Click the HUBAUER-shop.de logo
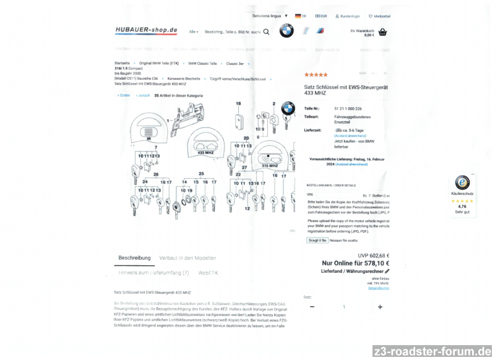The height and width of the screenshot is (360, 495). point(146,30)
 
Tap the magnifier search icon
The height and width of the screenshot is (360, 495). point(266,31)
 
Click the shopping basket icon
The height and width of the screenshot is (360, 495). point(382,32)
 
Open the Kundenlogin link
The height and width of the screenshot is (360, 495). point(347,16)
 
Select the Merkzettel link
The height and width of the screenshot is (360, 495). point(379,16)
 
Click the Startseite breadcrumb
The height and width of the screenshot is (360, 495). point(122,63)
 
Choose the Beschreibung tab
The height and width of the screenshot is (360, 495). point(134,258)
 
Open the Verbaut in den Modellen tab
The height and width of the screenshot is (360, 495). point(187,258)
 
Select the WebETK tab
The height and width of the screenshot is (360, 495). point(208,272)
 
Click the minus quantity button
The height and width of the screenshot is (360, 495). point(312,307)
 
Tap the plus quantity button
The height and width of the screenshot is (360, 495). point(380,307)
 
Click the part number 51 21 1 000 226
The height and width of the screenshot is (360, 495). point(348,108)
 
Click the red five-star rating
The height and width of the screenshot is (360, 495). point(316,75)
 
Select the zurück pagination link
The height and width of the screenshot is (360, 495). point(144,95)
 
